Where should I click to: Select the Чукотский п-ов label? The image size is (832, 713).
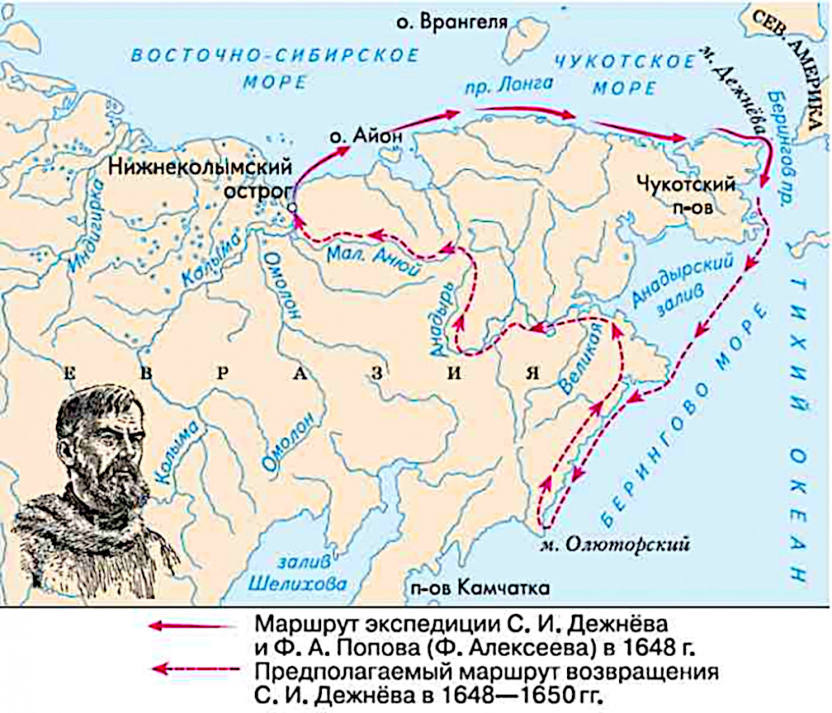pos(691,195)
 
